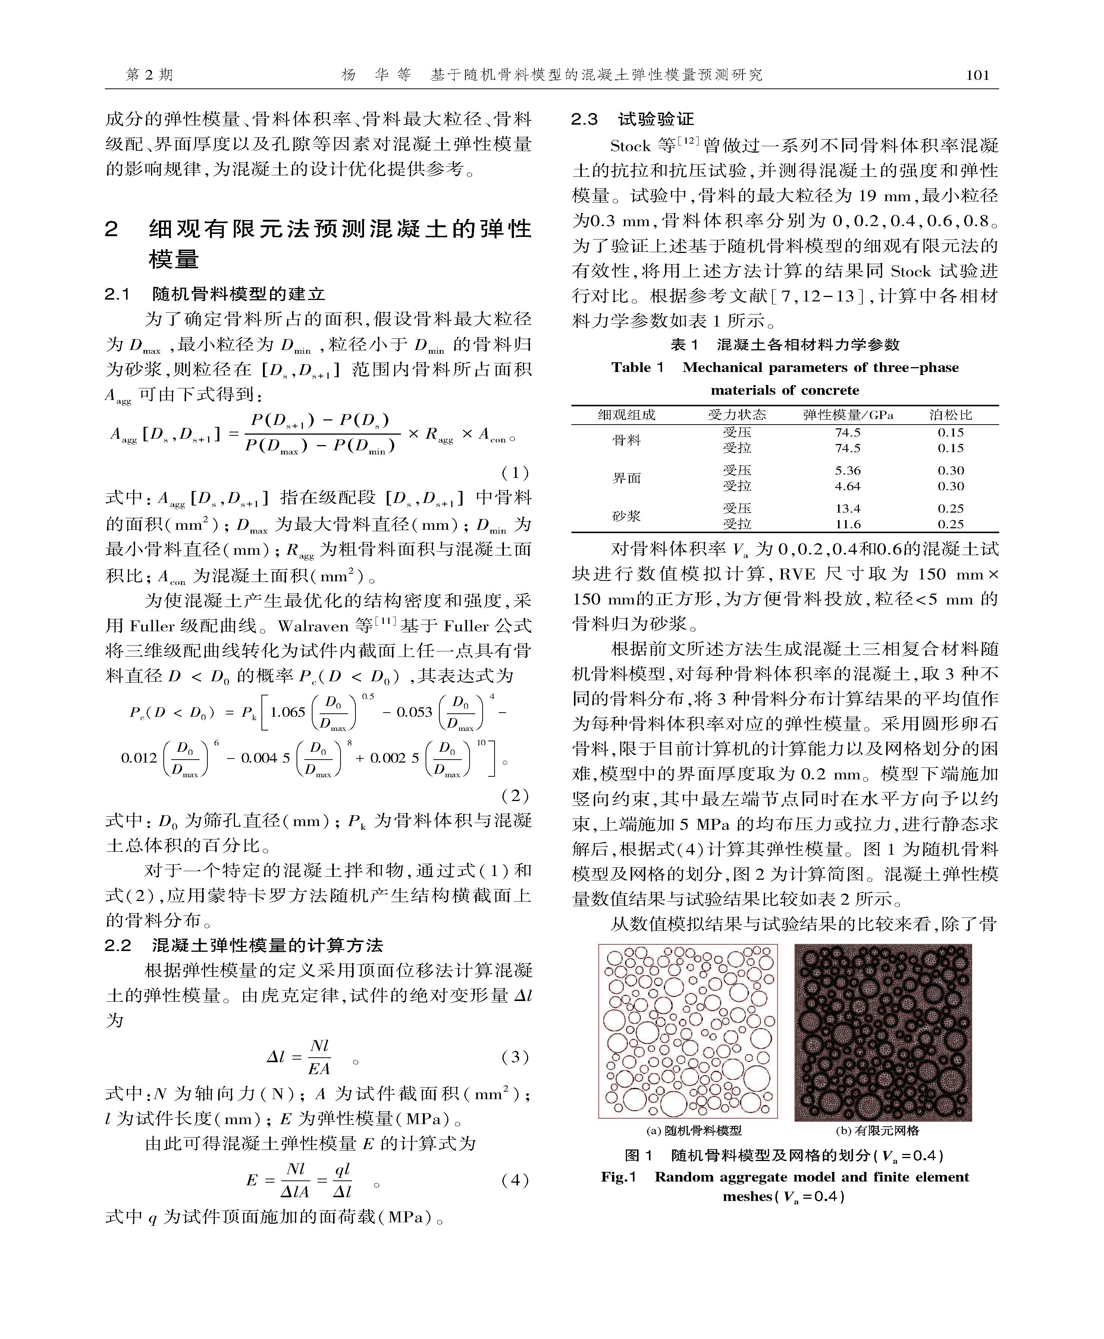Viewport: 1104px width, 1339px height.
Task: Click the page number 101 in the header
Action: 978,75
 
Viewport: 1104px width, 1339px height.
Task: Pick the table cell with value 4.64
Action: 848,487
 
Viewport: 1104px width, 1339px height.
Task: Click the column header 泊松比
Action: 951,415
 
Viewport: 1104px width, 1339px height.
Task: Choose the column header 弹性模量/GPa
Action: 848,415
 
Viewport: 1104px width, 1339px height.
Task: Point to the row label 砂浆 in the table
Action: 626,516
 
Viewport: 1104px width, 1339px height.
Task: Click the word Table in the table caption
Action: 631,367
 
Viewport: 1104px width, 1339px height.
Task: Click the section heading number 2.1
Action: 117,294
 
